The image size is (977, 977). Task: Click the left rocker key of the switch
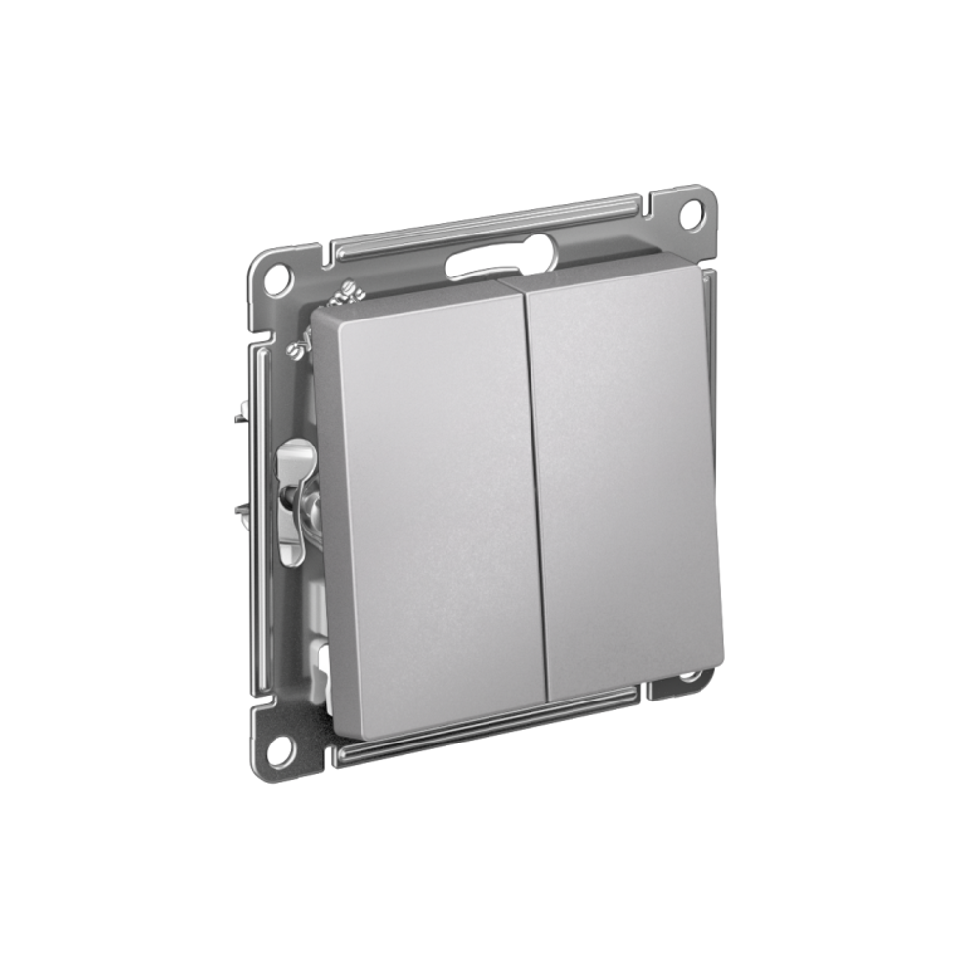coord(430,508)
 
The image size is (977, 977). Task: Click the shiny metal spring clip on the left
coord(295,498)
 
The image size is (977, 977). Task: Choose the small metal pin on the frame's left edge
coord(238,418)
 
